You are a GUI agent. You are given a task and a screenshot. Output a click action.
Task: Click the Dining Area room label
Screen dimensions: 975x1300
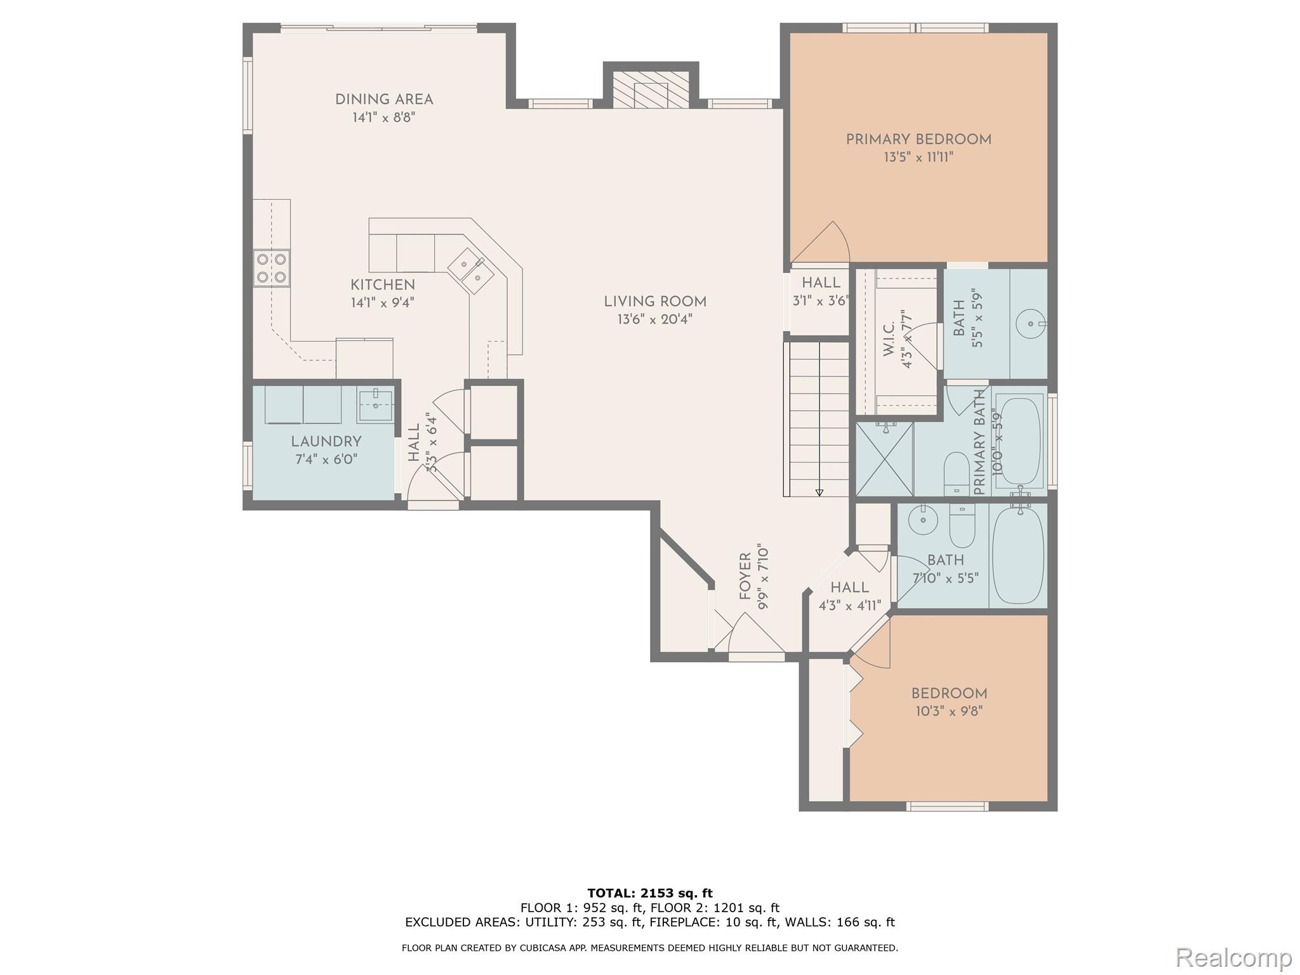click(383, 100)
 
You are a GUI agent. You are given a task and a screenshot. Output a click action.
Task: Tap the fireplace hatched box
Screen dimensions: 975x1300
click(651, 89)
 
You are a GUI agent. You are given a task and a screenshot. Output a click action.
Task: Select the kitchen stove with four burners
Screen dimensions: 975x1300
click(271, 267)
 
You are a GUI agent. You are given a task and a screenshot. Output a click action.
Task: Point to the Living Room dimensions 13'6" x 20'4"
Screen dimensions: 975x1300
click(654, 319)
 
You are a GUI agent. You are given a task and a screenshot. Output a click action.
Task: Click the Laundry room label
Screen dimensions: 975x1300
click(326, 442)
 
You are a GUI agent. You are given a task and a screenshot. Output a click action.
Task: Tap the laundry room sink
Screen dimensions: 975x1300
click(375, 405)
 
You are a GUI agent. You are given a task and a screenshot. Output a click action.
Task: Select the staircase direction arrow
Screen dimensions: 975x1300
click(819, 491)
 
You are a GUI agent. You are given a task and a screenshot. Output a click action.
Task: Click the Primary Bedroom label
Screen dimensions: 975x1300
click(918, 140)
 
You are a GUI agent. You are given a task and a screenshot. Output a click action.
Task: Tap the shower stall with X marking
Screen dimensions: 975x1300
click(884, 459)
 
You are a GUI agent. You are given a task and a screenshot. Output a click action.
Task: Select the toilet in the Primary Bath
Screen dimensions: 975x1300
click(955, 472)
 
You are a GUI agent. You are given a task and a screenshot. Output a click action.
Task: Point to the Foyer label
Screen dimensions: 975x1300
click(745, 576)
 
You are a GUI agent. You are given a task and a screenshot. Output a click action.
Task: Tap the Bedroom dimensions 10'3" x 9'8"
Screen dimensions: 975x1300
click(948, 712)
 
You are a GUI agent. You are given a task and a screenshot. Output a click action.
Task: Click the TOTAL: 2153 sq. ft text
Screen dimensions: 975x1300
click(649, 893)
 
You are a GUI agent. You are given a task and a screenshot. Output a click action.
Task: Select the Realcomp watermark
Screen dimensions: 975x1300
click(1233, 957)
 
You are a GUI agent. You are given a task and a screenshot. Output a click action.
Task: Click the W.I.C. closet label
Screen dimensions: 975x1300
click(889, 338)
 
